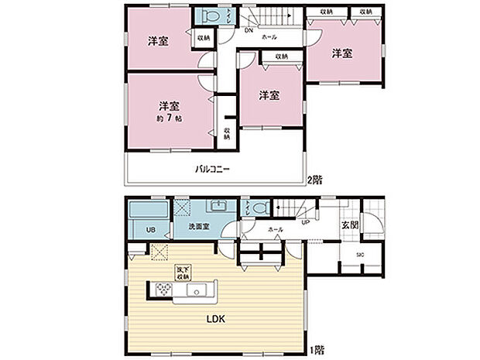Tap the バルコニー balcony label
point(211,168)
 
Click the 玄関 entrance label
point(350,225)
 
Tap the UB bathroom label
point(153,230)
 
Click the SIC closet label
point(360,255)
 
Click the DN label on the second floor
point(249,31)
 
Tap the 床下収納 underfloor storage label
point(180,272)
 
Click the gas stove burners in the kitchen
point(163,291)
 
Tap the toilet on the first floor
point(259,208)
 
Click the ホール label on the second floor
point(269,36)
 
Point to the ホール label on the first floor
point(275,230)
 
